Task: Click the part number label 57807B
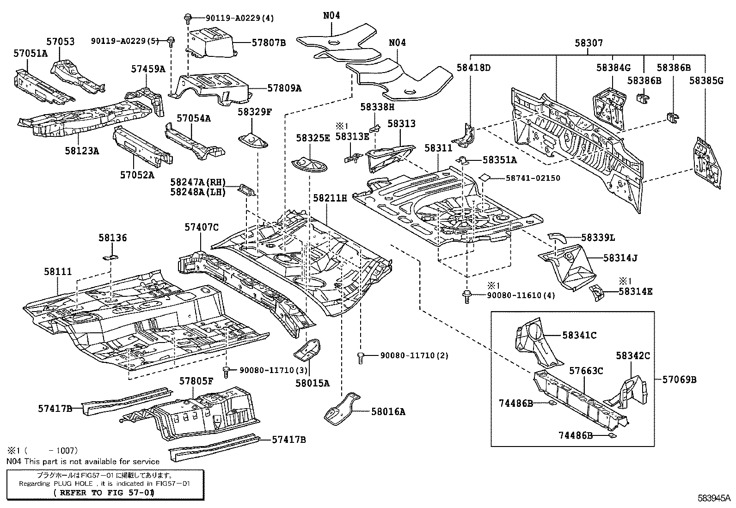(269, 43)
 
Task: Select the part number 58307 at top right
(589, 43)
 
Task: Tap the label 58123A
(84, 150)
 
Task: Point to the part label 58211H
(330, 198)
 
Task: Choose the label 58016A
(388, 411)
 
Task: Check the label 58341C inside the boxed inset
(579, 335)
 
